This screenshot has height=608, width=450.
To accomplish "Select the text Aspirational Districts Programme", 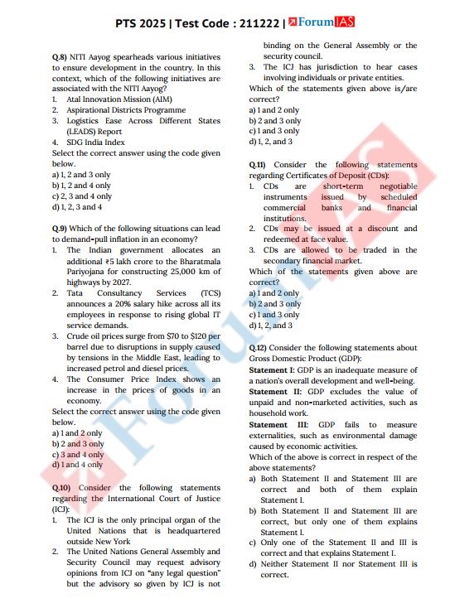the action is (x=126, y=110).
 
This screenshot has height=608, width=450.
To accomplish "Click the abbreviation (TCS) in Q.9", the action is (x=210, y=293).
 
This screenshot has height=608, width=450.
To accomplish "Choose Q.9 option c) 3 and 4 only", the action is (x=78, y=454).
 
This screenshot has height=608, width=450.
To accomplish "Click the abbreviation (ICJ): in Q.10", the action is (x=60, y=509).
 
